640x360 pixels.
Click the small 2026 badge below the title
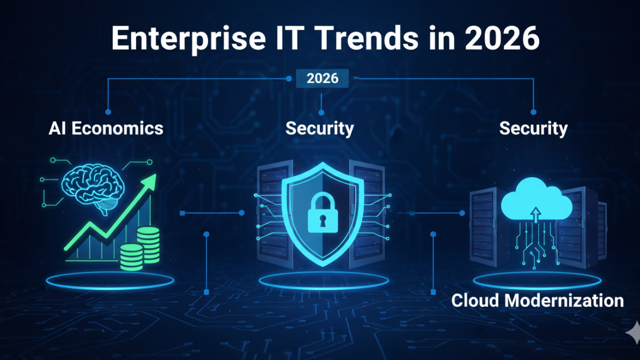tap(322, 78)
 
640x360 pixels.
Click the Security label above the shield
tap(320, 128)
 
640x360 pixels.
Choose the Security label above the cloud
tap(533, 128)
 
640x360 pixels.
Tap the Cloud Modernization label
tap(538, 300)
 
